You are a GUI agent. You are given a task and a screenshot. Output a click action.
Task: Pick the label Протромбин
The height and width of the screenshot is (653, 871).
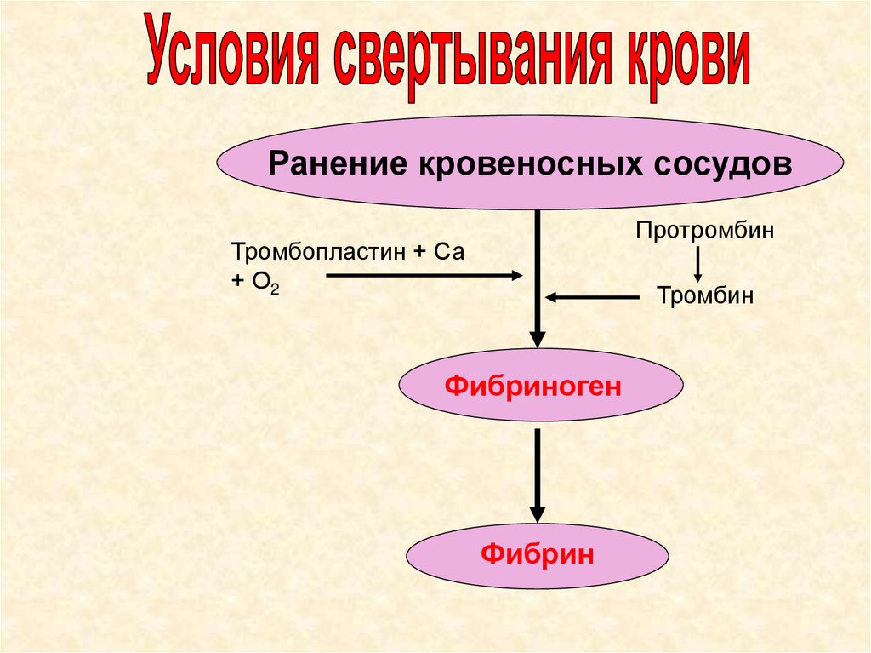tap(704, 231)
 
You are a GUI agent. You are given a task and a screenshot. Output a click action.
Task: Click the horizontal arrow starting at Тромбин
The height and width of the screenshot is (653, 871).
tap(593, 297)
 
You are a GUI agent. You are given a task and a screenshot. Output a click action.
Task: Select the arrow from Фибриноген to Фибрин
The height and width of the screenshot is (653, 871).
tap(538, 473)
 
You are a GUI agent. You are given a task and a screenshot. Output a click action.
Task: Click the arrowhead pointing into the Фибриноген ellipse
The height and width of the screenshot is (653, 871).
tap(538, 338)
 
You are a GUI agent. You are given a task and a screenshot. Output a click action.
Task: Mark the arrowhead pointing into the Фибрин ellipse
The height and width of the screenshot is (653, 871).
tap(538, 512)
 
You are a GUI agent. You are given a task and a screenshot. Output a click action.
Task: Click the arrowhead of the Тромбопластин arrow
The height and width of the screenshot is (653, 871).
tap(515, 275)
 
